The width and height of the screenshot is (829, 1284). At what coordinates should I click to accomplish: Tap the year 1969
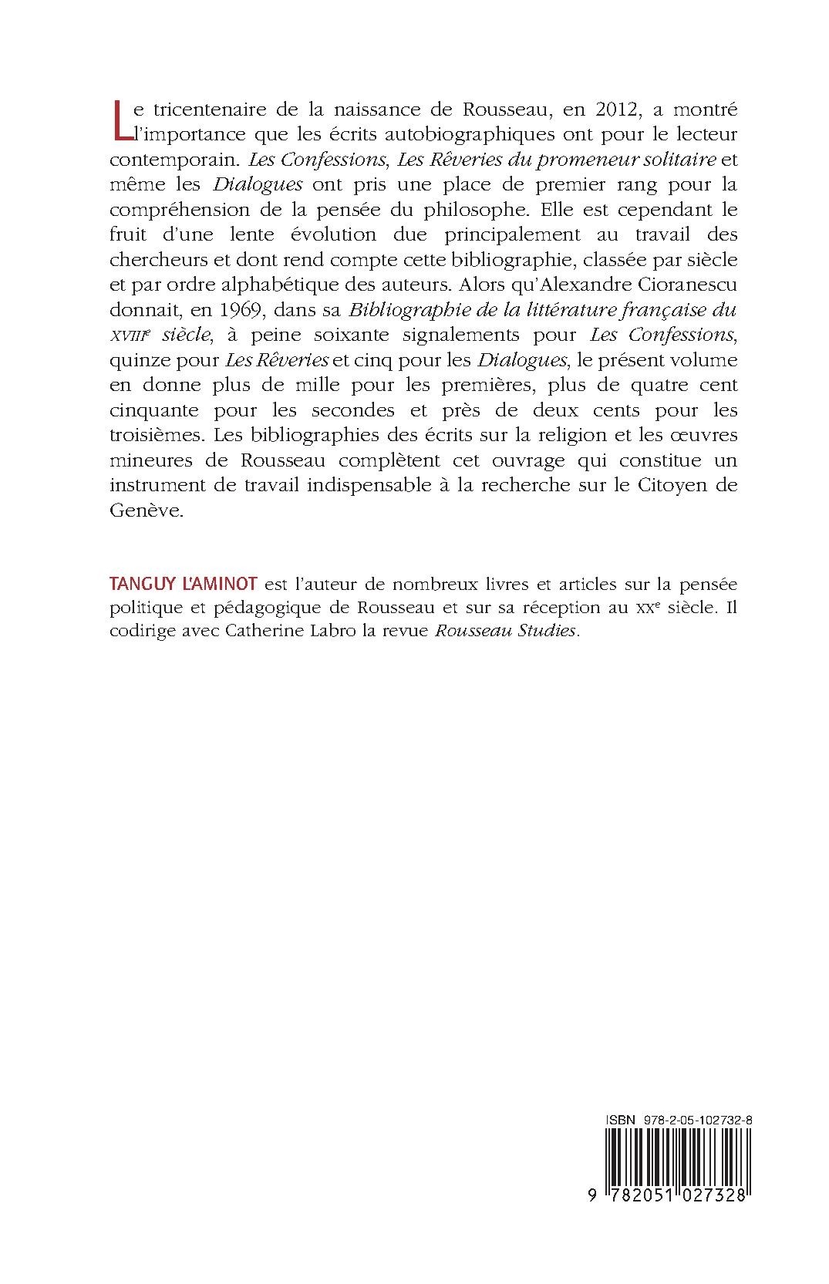pos(248,309)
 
